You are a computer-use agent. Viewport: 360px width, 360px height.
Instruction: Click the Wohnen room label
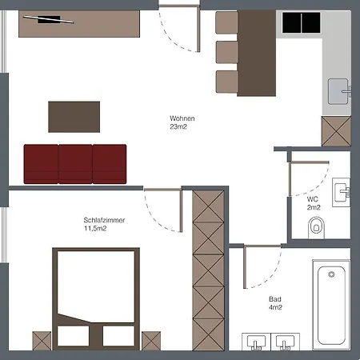coord(182,118)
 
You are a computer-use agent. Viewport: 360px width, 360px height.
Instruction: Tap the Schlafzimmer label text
coord(104,220)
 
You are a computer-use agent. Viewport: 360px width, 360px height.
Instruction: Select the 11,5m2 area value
coord(95,229)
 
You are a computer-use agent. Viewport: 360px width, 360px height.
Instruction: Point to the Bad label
coord(275,299)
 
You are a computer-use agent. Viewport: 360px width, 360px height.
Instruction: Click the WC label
coord(312,199)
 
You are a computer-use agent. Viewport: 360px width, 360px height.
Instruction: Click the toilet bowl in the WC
coord(316,227)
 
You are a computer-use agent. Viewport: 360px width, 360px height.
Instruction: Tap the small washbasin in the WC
coord(341,192)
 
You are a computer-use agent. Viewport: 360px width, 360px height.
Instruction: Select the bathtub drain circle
coord(331,274)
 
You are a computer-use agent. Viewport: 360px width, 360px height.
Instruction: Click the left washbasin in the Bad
coord(256,342)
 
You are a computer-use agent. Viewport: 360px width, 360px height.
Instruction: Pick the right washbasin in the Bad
coord(285,342)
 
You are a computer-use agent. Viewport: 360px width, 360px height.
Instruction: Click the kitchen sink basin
coord(338,91)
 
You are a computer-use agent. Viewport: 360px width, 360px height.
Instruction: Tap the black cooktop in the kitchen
coord(302,23)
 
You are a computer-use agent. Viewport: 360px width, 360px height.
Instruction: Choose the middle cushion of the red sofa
coord(75,164)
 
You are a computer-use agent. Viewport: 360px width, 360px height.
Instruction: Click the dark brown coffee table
coord(74,117)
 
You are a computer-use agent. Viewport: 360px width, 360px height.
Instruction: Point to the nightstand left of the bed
coord(42,341)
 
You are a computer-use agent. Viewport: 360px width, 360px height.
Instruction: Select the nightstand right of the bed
coord(151,341)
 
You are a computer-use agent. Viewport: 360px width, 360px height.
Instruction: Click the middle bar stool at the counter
coord(226,52)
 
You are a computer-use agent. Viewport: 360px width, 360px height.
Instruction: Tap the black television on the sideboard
coord(49,19)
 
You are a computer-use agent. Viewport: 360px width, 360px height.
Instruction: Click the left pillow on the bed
coord(74,336)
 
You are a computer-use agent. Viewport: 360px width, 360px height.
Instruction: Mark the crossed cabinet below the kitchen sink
coord(336,131)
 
